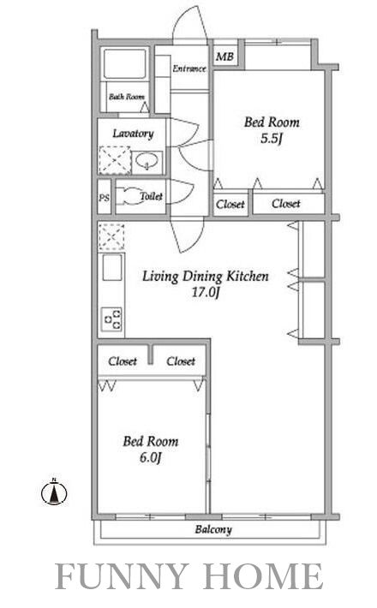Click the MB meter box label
pyautogui.click(x=224, y=57)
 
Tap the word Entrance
pyautogui.click(x=189, y=69)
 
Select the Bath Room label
pyautogui.click(x=127, y=97)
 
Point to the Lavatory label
pyautogui.click(x=133, y=134)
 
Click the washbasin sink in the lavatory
pyautogui.click(x=147, y=161)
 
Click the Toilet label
pyautogui.click(x=152, y=196)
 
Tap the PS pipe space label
pyautogui.click(x=104, y=198)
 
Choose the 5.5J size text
pyautogui.click(x=271, y=139)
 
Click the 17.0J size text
pyautogui.click(x=206, y=292)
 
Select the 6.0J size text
pyautogui.click(x=150, y=458)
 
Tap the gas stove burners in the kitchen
pyautogui.click(x=112, y=319)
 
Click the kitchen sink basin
pyautogui.click(x=112, y=267)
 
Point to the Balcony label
pyautogui.click(x=213, y=530)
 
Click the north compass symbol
pyautogui.click(x=54, y=492)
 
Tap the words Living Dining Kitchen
pyautogui.click(x=205, y=277)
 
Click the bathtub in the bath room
pyautogui.click(x=125, y=64)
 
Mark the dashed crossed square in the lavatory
pyautogui.click(x=115, y=160)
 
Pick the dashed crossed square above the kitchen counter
pyautogui.click(x=111, y=236)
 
